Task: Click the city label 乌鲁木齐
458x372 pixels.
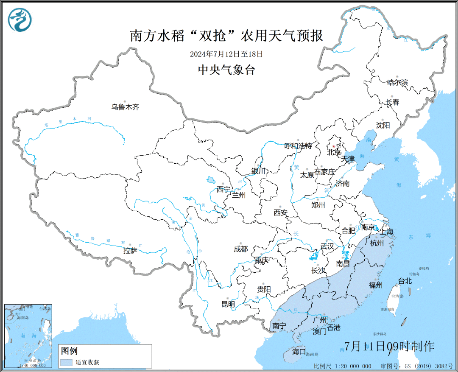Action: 125,107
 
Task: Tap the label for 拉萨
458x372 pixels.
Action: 130,251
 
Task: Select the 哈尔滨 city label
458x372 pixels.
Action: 397,82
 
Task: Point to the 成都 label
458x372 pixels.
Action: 240,249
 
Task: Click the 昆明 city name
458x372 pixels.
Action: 228,304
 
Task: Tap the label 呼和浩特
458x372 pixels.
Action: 298,146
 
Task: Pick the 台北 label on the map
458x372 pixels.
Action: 404,280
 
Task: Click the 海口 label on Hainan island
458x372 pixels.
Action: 299,351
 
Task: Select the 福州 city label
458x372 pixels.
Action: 376,285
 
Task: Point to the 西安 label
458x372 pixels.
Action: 280,213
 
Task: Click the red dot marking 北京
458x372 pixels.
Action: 333,147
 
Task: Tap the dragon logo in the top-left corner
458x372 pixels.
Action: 20,20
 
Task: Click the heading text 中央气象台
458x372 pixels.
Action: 226,70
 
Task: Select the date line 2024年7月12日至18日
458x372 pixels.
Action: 226,54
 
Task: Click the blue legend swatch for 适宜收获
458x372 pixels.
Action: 66,362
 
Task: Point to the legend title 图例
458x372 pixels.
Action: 69,351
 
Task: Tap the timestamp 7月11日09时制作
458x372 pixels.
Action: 389,346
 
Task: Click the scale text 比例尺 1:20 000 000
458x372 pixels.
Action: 342,366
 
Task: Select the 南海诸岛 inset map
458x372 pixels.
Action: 28,336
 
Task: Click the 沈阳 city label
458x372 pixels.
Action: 383,125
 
